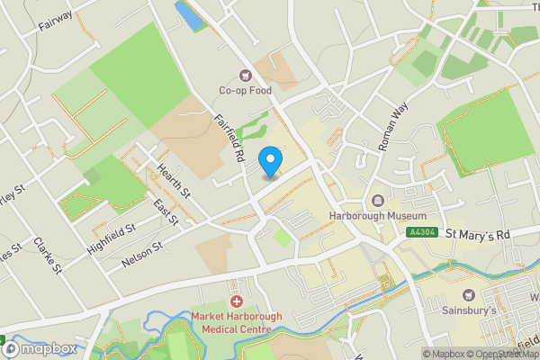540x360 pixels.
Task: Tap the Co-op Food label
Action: (x=245, y=90)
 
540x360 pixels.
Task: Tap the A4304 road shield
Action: (x=422, y=233)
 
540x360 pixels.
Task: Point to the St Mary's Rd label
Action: (x=478, y=234)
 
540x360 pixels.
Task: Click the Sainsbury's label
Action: (x=469, y=310)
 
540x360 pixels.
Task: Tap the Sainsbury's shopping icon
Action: (x=469, y=294)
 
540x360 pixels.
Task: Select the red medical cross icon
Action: (x=238, y=302)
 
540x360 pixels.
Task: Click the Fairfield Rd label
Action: (x=229, y=138)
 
